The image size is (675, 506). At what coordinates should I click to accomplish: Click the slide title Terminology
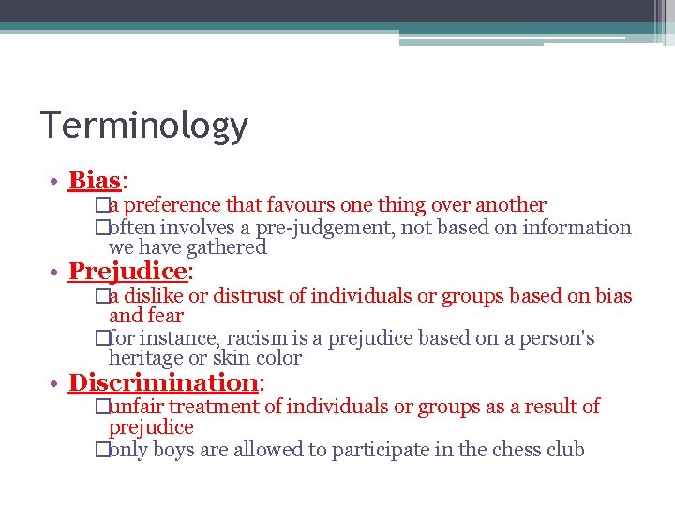coord(143,126)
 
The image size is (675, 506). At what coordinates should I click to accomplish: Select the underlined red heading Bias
coord(95,180)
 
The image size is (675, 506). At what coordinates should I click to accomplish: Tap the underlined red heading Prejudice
coord(128,272)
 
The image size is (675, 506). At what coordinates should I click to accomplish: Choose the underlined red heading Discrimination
coord(163,382)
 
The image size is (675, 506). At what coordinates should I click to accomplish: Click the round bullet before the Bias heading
coord(57,181)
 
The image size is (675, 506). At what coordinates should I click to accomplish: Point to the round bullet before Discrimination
coord(57,383)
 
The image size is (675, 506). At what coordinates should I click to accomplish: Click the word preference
coord(172,205)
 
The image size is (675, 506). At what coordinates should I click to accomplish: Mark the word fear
coord(164,317)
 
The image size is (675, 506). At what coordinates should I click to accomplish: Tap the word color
coord(278,358)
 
